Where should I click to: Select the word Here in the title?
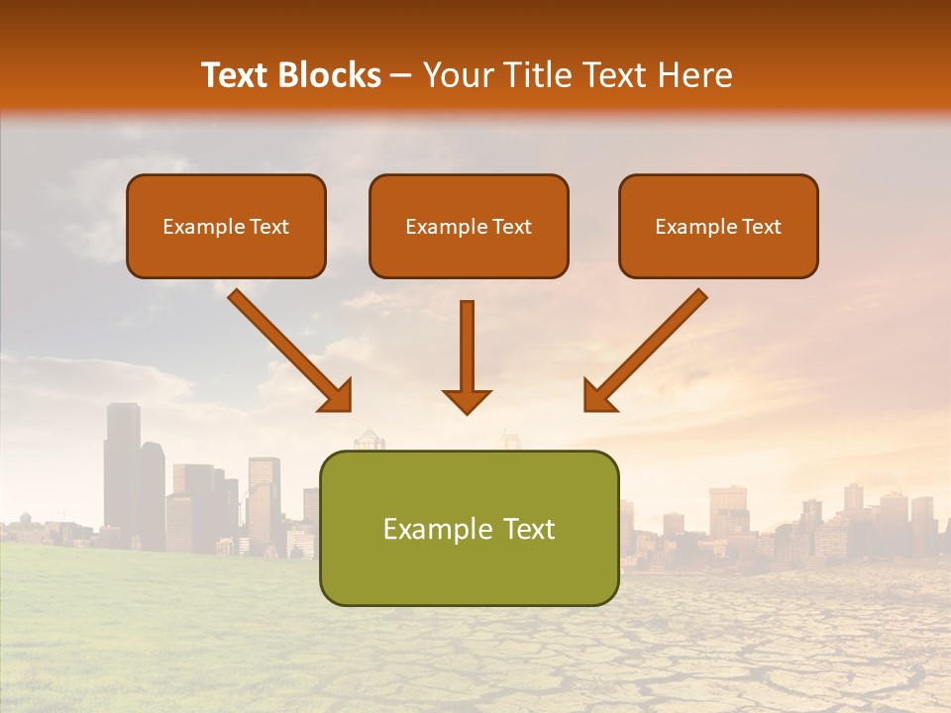(x=694, y=75)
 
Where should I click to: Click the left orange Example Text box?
(x=226, y=226)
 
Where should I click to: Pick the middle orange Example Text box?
(x=469, y=226)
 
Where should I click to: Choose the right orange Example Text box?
(x=718, y=226)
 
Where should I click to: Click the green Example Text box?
(x=469, y=528)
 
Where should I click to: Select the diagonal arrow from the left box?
(x=287, y=349)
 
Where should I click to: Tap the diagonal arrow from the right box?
(x=649, y=349)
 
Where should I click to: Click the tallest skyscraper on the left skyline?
(x=122, y=465)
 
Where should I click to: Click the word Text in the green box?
(x=526, y=529)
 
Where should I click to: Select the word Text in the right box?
(x=760, y=227)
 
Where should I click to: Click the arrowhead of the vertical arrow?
(x=467, y=400)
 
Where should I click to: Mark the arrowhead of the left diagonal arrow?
(x=336, y=395)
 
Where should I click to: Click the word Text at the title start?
(x=236, y=75)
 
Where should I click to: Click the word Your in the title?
(x=454, y=75)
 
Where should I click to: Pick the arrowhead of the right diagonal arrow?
(x=598, y=395)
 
